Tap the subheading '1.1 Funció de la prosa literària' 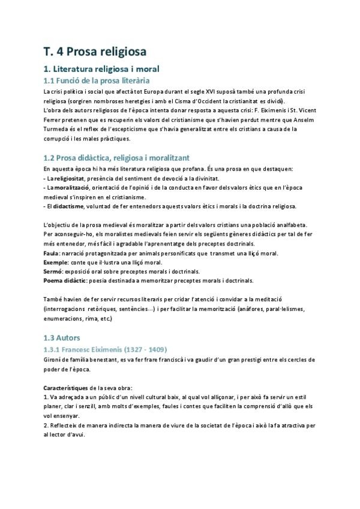pos(97,80)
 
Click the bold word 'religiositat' pos(69,179)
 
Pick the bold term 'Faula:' pos(52,254)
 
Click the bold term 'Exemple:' pos(56,263)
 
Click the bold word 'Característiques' pos(67,388)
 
